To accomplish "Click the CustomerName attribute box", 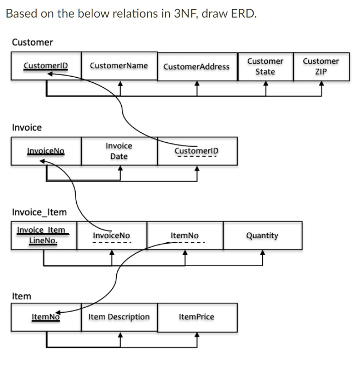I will pyautogui.click(x=119, y=66).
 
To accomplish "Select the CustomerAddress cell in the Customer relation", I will pyautogui.click(x=197, y=66).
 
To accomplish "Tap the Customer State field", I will pyautogui.click(x=265, y=66).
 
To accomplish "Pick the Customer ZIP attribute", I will pyautogui.click(x=320, y=66).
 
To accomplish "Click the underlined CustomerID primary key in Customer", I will pyautogui.click(x=46, y=66).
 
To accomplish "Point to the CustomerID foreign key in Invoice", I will pyautogui.click(x=197, y=151).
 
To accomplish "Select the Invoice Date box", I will pyautogui.click(x=119, y=151).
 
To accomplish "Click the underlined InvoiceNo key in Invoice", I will pyautogui.click(x=45, y=151).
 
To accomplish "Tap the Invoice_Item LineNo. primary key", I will pyautogui.click(x=42, y=235).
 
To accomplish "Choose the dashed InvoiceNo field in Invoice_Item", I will pyautogui.click(x=111, y=236).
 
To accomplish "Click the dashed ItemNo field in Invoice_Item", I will pyautogui.click(x=185, y=236).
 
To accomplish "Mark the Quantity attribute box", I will pyautogui.click(x=262, y=236).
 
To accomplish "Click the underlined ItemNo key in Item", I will pyautogui.click(x=46, y=317).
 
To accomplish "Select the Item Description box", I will pyautogui.click(x=119, y=317).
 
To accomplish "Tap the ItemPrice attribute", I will pyautogui.click(x=197, y=317).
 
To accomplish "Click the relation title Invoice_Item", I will pyautogui.click(x=39, y=212).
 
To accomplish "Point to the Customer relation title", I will pyautogui.click(x=32, y=42).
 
